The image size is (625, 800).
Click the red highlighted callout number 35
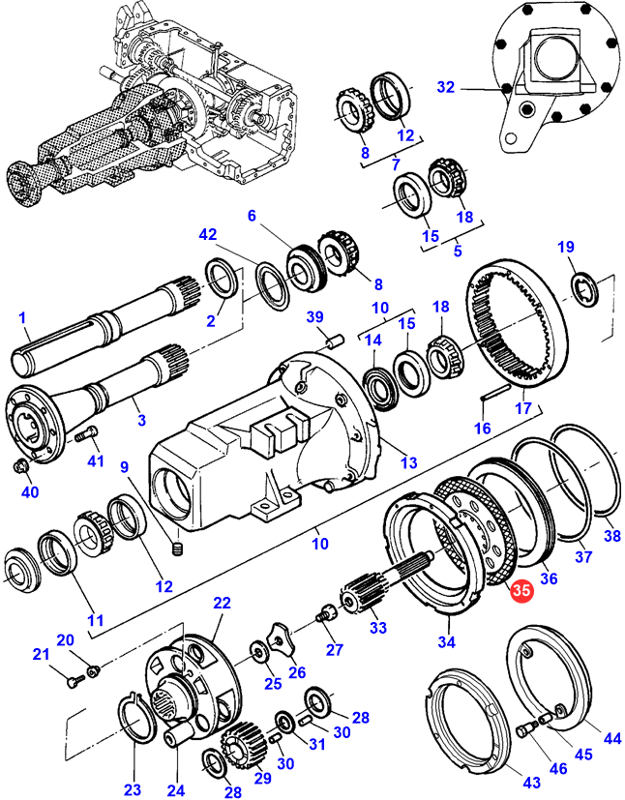(521, 590)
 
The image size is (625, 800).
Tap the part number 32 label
(445, 87)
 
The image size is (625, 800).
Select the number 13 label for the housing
(408, 462)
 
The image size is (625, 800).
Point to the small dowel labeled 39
(336, 341)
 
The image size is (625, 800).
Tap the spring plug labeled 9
(177, 549)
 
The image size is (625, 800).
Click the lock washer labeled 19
(585, 289)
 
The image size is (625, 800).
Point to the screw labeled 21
(75, 680)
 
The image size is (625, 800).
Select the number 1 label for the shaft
(21, 318)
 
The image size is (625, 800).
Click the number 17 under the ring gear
(523, 407)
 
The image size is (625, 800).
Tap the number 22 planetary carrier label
(222, 603)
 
